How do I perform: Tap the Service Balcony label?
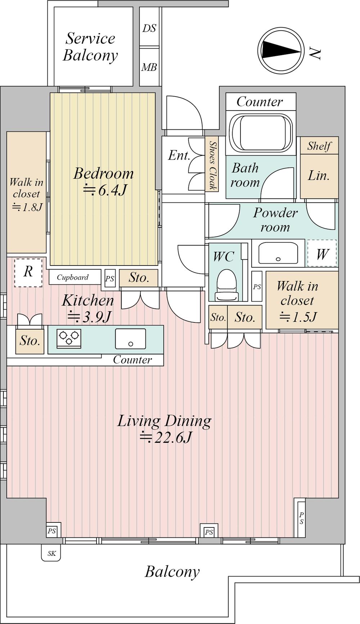(x=90, y=47)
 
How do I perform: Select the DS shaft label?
(x=149, y=28)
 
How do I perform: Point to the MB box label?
(x=149, y=67)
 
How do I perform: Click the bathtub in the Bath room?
(x=261, y=132)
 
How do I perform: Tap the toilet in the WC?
(x=226, y=285)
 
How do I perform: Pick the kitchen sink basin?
(x=130, y=339)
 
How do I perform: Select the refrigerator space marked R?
(x=28, y=272)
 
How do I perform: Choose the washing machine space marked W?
(x=322, y=254)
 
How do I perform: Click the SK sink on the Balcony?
(x=51, y=553)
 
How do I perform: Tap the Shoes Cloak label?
(x=213, y=165)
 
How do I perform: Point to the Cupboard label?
(x=73, y=277)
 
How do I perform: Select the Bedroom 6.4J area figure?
(x=105, y=190)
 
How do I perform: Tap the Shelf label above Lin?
(x=319, y=146)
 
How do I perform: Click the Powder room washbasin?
(x=278, y=253)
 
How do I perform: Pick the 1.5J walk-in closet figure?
(x=298, y=317)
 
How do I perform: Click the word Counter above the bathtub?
(x=260, y=102)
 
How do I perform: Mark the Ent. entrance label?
(x=179, y=155)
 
